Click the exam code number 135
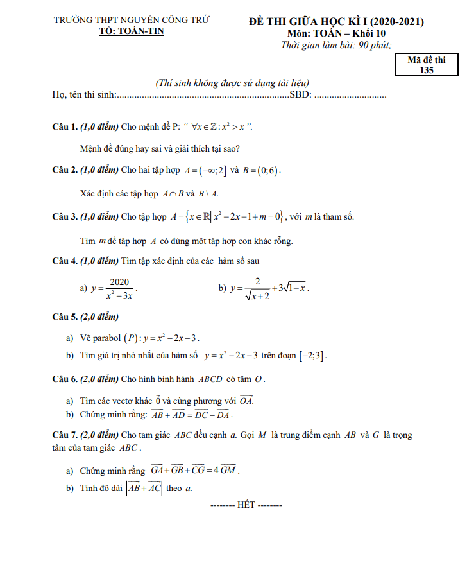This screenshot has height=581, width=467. pyautogui.click(x=426, y=70)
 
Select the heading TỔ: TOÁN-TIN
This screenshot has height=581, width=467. pyautogui.click(x=130, y=32)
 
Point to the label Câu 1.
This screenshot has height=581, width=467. pyautogui.click(x=65, y=126)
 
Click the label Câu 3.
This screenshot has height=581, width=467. pyautogui.click(x=65, y=216)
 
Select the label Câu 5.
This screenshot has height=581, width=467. pyautogui.click(x=65, y=317)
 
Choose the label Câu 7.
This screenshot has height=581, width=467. pyautogui.click(x=65, y=435)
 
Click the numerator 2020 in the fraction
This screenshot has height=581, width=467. pyautogui.click(x=119, y=281)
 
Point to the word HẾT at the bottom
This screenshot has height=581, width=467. pyautogui.click(x=246, y=505)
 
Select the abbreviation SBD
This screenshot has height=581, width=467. pyautogui.click(x=300, y=95)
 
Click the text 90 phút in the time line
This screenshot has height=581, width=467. pyautogui.click(x=373, y=44)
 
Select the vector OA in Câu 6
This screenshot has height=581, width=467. pyautogui.click(x=246, y=401)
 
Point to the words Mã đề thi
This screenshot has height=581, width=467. pyautogui.click(x=426, y=60)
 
